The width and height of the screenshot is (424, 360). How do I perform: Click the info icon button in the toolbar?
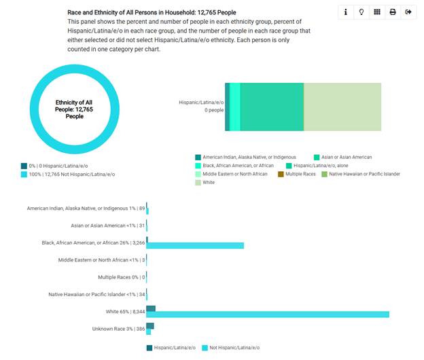(347, 12)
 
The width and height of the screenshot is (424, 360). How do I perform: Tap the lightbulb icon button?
(361, 12)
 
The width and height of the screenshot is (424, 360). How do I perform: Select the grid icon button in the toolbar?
(377, 12)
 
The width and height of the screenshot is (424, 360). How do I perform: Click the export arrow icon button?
(408, 12)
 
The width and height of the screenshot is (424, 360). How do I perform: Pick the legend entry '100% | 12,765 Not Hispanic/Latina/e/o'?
(71, 175)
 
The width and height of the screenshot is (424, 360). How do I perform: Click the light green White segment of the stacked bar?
(342, 107)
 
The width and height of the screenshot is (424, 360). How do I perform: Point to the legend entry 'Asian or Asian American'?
(347, 157)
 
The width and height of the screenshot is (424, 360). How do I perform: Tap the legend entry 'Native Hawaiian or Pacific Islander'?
(364, 175)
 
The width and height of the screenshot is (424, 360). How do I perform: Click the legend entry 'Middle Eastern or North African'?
(235, 175)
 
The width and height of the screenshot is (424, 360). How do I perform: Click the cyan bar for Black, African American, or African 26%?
(195, 245)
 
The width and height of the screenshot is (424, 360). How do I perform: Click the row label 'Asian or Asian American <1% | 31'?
(108, 226)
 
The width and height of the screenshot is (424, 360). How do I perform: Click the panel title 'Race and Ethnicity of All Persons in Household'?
(152, 12)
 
